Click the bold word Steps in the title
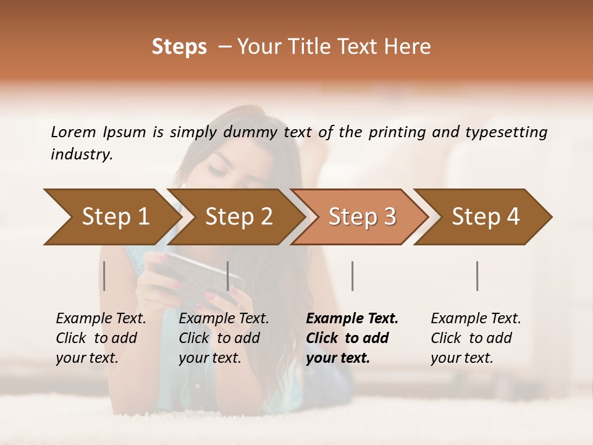[x=179, y=46]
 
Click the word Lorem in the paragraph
[x=73, y=132]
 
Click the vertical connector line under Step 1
[x=104, y=276]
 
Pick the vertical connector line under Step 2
[x=228, y=276]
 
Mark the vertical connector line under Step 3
[x=352, y=276]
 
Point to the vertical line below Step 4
[x=477, y=276]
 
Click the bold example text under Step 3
[x=351, y=338]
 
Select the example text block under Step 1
[x=100, y=338]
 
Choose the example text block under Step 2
[x=223, y=338]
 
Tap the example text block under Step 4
[x=475, y=338]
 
